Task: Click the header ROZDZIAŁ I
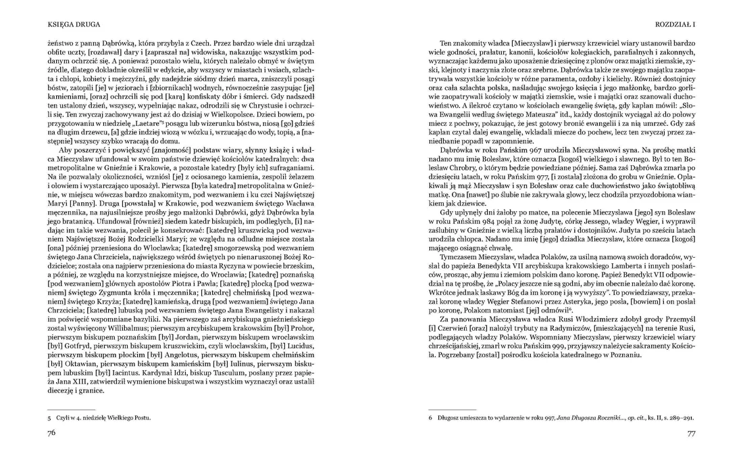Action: tap(675, 25)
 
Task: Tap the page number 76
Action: tap(51, 434)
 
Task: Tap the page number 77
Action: tap(691, 434)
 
